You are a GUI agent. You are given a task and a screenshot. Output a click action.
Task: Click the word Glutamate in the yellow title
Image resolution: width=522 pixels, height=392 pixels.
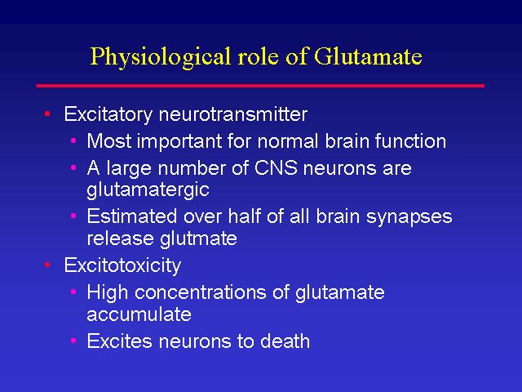[368, 56]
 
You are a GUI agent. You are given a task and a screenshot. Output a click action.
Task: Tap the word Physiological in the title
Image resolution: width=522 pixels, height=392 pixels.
[161, 58]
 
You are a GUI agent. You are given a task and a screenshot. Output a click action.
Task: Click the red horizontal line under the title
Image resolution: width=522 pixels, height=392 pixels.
[260, 86]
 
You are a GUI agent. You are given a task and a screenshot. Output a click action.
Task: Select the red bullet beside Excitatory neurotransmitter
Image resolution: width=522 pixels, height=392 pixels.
[47, 114]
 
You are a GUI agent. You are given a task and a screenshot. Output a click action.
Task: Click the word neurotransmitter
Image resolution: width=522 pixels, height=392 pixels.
[233, 114]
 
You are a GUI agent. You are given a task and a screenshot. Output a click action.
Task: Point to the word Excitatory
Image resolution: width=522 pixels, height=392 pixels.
[108, 115]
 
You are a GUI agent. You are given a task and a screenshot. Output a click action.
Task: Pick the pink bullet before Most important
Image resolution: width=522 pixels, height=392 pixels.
[73, 140]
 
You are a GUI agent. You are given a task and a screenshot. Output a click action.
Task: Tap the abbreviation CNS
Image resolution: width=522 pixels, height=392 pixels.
[276, 167]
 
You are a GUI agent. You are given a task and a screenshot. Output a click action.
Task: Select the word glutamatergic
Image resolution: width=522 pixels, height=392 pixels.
[148, 190]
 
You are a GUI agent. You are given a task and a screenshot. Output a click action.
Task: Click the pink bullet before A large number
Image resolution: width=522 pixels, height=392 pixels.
[73, 167]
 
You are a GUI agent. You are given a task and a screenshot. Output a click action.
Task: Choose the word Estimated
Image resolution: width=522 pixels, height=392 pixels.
[132, 216]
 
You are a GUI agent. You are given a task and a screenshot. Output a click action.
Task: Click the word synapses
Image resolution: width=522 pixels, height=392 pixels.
[409, 218]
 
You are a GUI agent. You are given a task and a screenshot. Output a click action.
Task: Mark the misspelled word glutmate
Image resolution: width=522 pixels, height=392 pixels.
[199, 239]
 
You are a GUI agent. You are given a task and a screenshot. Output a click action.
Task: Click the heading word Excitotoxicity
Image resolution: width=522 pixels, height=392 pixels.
[122, 265]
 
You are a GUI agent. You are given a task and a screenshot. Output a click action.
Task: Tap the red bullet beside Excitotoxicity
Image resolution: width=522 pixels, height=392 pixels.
[47, 265]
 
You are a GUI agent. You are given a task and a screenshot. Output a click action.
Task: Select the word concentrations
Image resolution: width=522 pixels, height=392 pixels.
[201, 292]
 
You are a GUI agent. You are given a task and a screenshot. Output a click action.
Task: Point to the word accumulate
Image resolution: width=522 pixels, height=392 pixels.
[139, 314]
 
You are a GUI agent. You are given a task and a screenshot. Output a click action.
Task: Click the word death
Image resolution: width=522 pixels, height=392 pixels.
[285, 341]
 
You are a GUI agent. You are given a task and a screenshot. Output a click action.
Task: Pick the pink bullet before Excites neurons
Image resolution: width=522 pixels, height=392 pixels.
[73, 341]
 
